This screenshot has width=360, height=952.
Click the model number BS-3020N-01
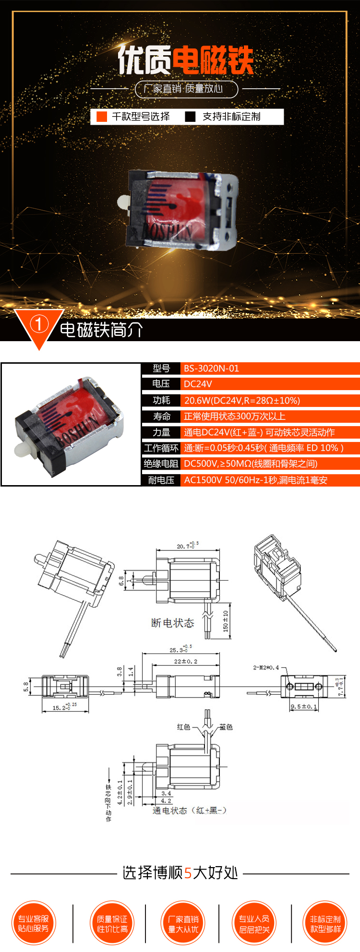tap(211, 369)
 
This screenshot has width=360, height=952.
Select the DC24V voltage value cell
tap(198, 384)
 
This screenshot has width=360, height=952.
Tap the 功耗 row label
tap(161, 400)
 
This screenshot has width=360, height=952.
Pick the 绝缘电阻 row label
tap(161, 464)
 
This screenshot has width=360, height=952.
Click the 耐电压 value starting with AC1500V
tap(255, 480)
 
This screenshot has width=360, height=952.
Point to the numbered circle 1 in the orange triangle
tap(39, 325)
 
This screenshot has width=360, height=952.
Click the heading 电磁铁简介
tap(101, 330)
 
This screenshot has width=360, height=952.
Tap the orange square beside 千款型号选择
tap(102, 117)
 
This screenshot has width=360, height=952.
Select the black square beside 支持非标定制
tap(191, 117)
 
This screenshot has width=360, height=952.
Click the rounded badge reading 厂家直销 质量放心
tap(186, 89)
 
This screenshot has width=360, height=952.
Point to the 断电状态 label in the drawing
tap(172, 623)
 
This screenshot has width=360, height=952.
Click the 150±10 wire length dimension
tap(226, 621)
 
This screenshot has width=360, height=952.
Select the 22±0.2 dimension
tap(185, 661)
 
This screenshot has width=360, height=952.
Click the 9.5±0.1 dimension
tap(304, 706)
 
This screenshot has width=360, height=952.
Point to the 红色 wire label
tap(183, 727)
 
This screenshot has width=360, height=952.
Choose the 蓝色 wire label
tap(226, 727)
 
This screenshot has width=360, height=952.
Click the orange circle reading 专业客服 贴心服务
tap(33, 923)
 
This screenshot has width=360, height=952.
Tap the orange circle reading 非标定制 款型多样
tap(325, 923)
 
